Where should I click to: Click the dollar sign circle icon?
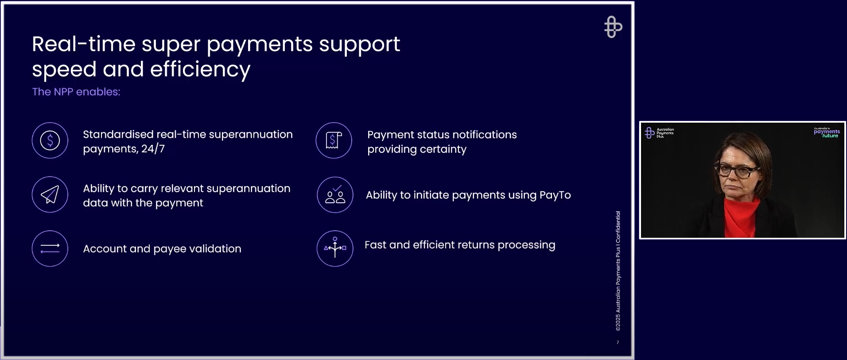click(x=50, y=140)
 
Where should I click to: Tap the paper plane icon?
click(x=50, y=194)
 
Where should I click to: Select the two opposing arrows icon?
click(x=50, y=248)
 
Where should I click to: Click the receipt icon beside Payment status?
click(x=334, y=140)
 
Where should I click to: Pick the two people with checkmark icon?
click(x=335, y=195)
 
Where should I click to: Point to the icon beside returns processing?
click(x=335, y=248)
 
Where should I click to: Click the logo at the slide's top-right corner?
click(x=613, y=27)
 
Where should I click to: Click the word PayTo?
click(x=555, y=195)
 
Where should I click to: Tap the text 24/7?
click(x=153, y=149)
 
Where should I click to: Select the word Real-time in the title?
click(x=84, y=44)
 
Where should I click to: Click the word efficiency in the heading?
click(x=200, y=70)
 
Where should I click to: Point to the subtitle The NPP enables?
click(x=76, y=92)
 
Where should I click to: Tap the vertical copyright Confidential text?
click(x=618, y=271)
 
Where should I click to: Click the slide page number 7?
click(x=618, y=342)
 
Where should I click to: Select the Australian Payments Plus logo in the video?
click(x=659, y=133)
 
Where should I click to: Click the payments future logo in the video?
click(x=827, y=132)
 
